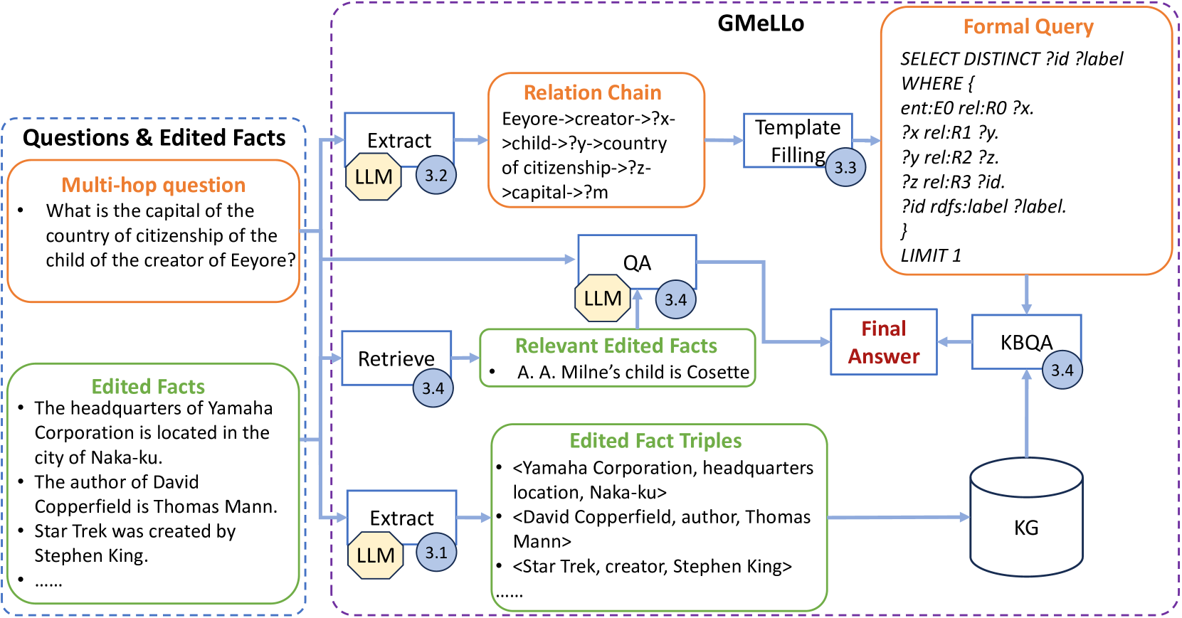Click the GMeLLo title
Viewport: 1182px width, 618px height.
760,23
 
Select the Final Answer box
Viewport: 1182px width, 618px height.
883,342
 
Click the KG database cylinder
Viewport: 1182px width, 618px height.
1026,517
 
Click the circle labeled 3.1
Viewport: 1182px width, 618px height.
436,553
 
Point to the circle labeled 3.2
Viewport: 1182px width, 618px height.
436,175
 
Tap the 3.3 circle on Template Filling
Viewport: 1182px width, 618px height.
845,167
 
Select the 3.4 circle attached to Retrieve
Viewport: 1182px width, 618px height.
433,388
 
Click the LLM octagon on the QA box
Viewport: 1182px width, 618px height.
602,299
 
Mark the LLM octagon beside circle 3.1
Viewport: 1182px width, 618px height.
375,555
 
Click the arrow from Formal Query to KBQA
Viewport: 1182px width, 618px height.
1026,294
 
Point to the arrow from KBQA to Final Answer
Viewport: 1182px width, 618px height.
954,342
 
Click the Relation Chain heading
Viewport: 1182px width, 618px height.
592,92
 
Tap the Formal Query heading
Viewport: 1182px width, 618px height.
1028,27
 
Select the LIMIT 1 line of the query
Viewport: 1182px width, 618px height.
931,255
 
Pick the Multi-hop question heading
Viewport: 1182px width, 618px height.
153,185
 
